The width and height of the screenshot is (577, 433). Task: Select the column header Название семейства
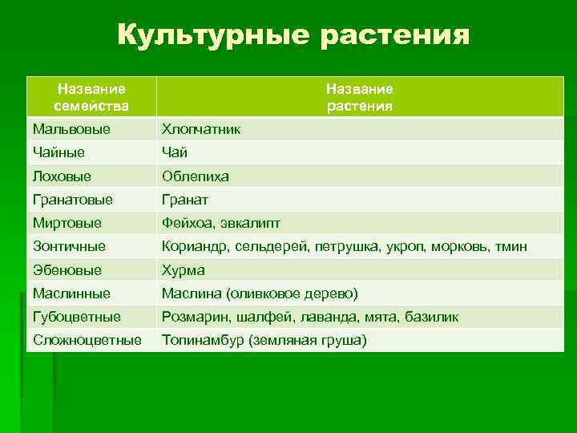pyautogui.click(x=91, y=97)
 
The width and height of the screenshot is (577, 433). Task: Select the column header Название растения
pyautogui.click(x=359, y=97)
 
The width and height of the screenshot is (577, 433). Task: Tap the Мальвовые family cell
pyautogui.click(x=72, y=129)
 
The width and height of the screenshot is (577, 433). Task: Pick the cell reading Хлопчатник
pyautogui.click(x=201, y=129)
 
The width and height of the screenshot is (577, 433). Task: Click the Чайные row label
pyautogui.click(x=59, y=152)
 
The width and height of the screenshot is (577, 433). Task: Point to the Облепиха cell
pyautogui.click(x=196, y=176)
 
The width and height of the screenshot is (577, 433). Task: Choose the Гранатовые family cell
pyautogui.click(x=73, y=200)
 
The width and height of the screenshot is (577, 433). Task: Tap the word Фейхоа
pyautogui.click(x=185, y=223)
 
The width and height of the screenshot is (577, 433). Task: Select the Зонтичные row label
pyautogui.click(x=70, y=247)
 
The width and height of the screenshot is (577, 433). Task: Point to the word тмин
pyautogui.click(x=510, y=247)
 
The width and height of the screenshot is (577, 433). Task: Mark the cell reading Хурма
pyautogui.click(x=184, y=270)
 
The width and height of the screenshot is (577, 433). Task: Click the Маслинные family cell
pyautogui.click(x=72, y=293)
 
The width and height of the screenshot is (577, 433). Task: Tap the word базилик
pyautogui.click(x=430, y=318)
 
